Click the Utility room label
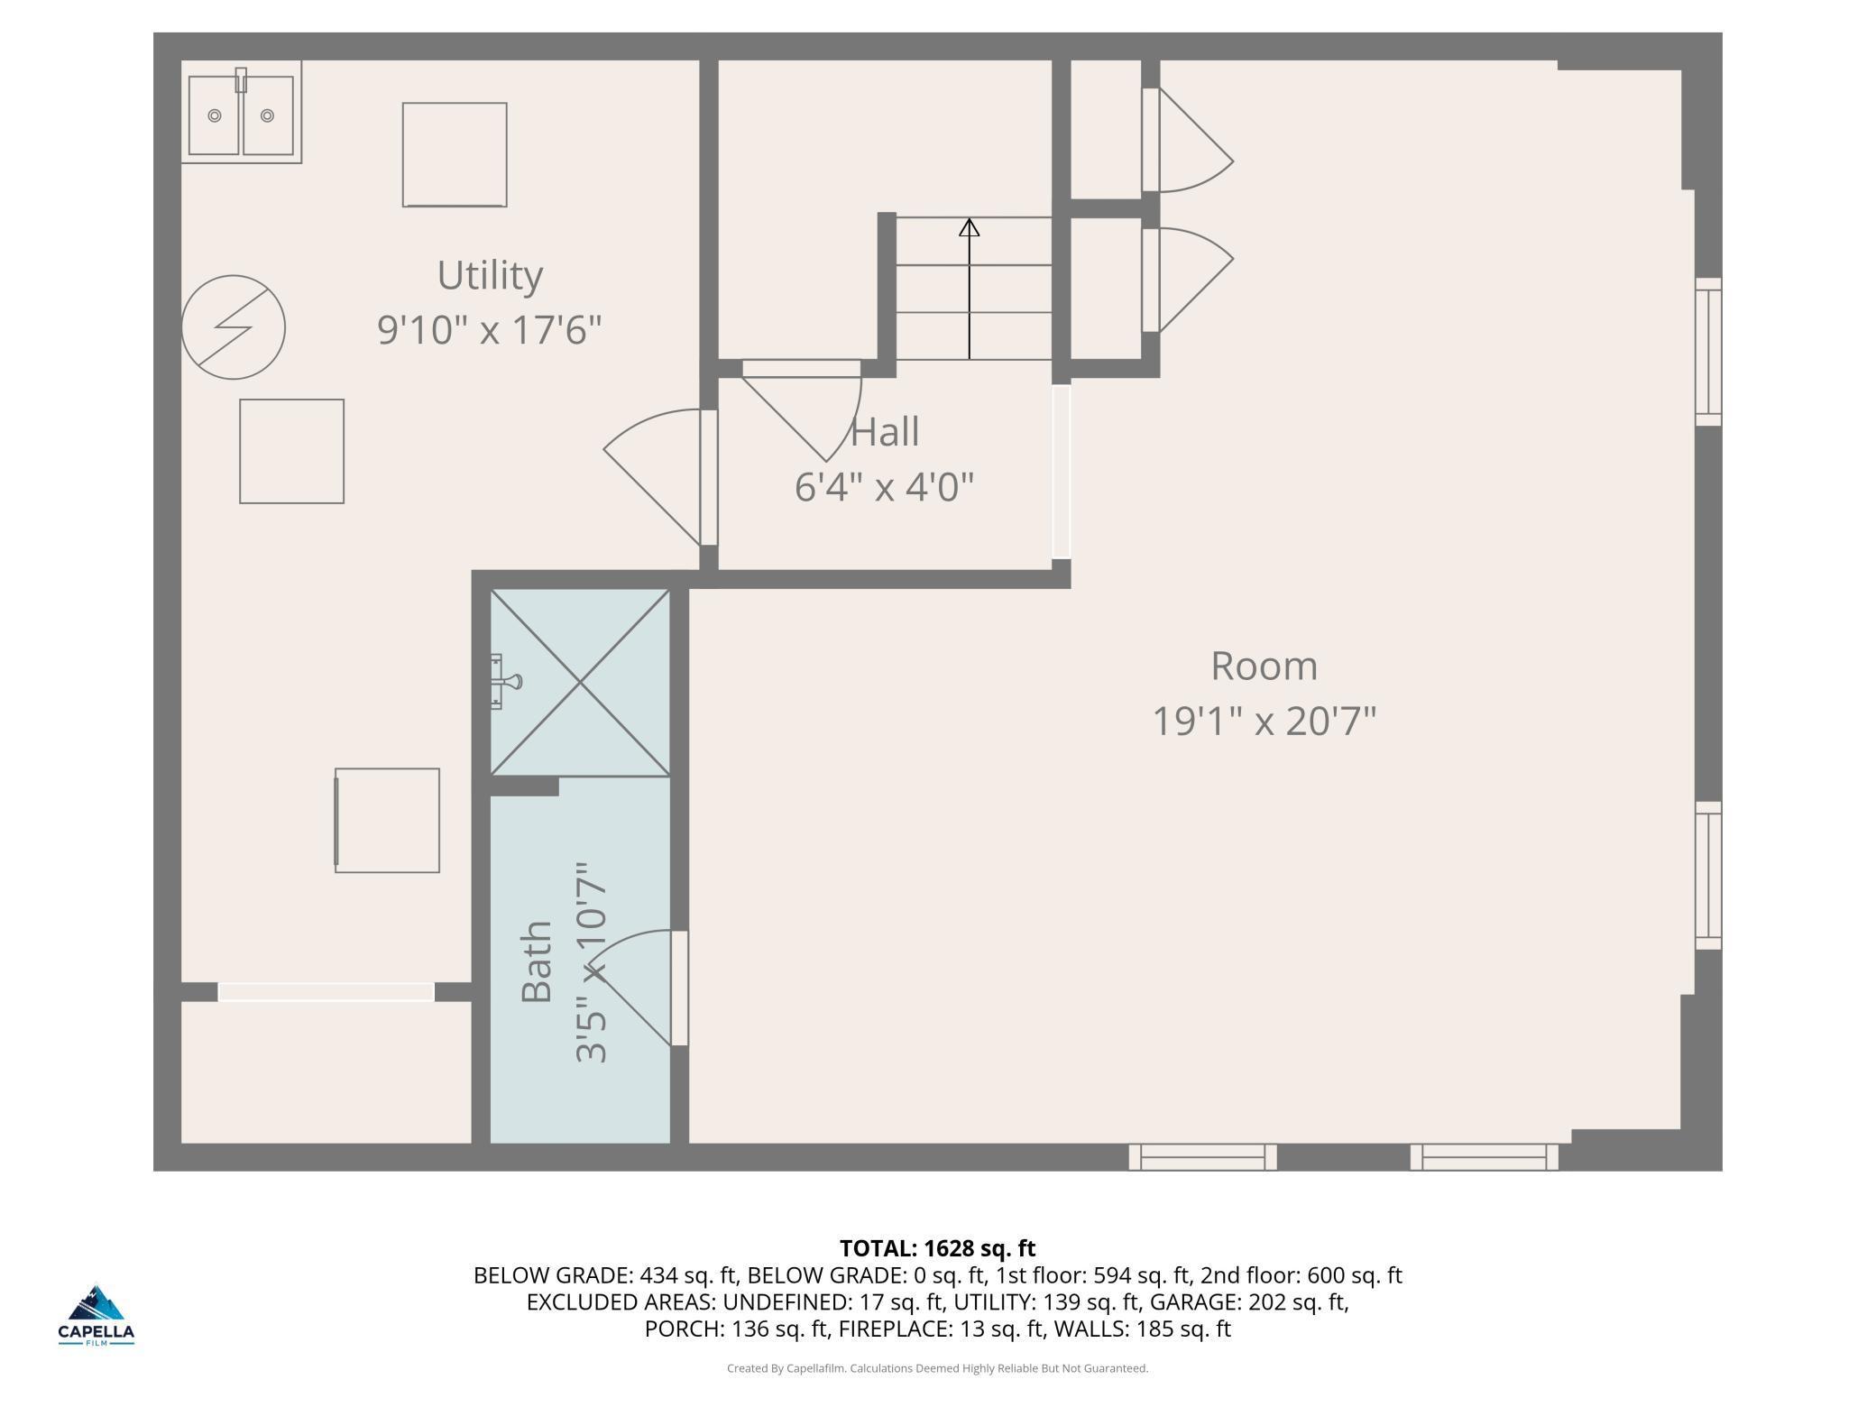click(490, 275)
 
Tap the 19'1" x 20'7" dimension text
click(1264, 722)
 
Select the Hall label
click(885, 432)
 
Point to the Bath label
click(537, 961)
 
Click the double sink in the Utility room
click(241, 112)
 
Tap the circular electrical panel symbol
click(234, 327)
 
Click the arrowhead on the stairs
click(970, 227)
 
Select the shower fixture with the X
click(580, 682)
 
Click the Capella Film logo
click(97, 1316)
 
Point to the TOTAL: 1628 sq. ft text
click(938, 1248)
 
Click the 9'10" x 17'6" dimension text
click(490, 330)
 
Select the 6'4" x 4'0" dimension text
click(885, 487)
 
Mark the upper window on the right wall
click(1708, 352)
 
